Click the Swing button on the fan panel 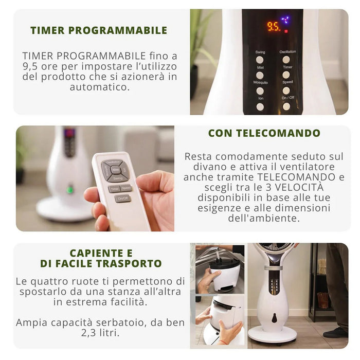[x=260, y=60]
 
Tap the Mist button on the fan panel [x=260, y=75]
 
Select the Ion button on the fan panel [x=260, y=107]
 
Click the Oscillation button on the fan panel [x=286, y=60]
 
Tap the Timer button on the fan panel [x=286, y=75]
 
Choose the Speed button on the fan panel [x=286, y=91]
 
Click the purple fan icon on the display [x=285, y=20]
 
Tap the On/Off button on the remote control [x=123, y=199]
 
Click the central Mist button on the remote [x=115, y=170]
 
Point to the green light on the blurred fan [x=70, y=190]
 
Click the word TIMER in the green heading [x=47, y=30]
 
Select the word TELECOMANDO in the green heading [x=278, y=133]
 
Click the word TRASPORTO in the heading [x=131, y=263]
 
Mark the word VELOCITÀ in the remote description [x=299, y=187]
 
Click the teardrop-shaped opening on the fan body [x=274, y=318]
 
